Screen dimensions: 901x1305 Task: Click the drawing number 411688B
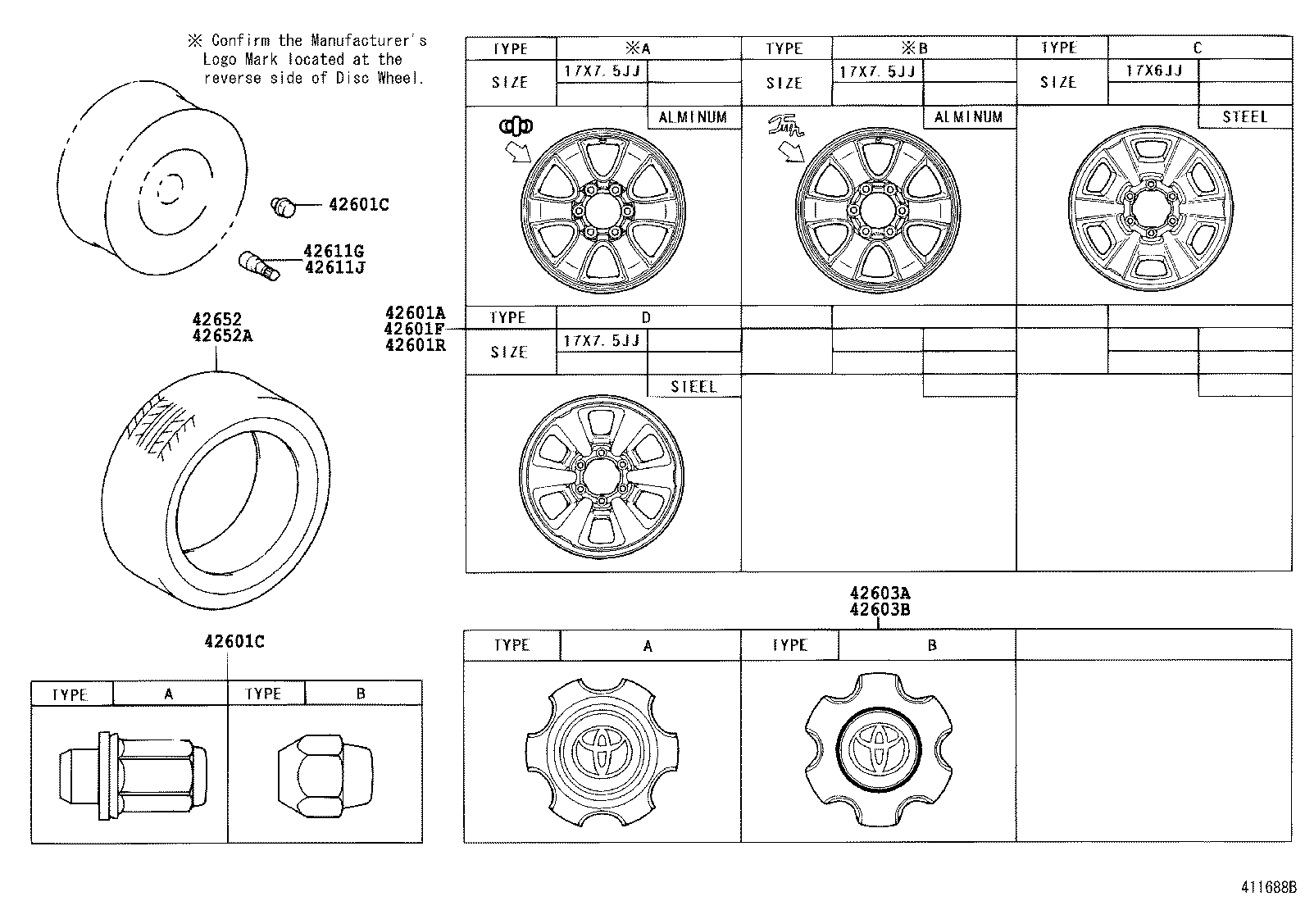[1268, 887]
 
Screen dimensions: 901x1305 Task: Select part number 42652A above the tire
[221, 336]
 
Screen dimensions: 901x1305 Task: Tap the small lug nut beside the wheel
[283, 207]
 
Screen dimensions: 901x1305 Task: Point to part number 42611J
[333, 267]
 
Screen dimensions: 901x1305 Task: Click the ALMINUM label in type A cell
[693, 117]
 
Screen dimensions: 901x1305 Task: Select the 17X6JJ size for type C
[1153, 71]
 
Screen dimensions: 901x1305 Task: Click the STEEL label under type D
[693, 387]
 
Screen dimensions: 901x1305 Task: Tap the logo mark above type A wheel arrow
[516, 125]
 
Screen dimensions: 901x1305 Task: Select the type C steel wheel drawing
[1151, 206]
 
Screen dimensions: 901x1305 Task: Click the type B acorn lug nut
[311, 773]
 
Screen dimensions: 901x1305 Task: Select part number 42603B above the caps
[880, 610]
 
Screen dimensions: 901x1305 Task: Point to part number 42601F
[415, 329]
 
